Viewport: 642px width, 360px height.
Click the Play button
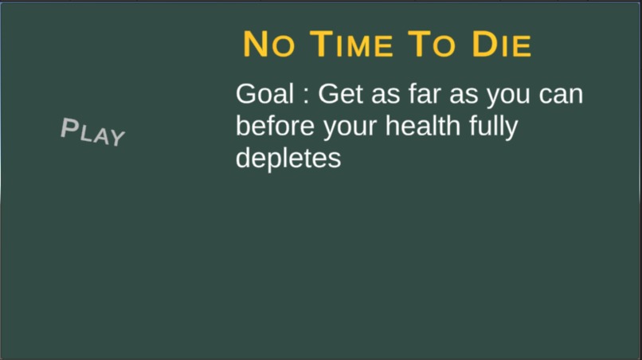pyautogui.click(x=93, y=132)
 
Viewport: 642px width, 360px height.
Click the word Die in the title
pyautogui.click(x=501, y=45)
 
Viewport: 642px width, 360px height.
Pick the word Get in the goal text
pyautogui.click(x=340, y=94)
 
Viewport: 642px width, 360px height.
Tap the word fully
pyautogui.click(x=488, y=127)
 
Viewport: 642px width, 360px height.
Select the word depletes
pyautogui.click(x=288, y=159)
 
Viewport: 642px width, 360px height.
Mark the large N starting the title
pyautogui.click(x=256, y=45)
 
